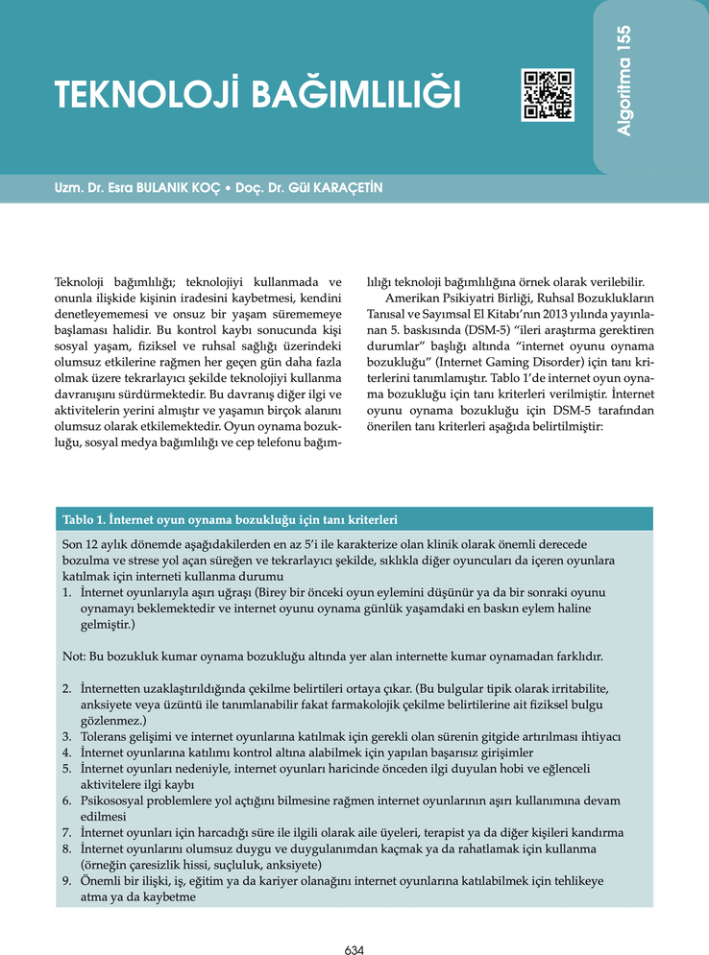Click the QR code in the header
click(548, 95)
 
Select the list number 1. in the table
click(67, 593)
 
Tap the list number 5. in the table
click(67, 769)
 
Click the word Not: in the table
click(74, 657)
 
